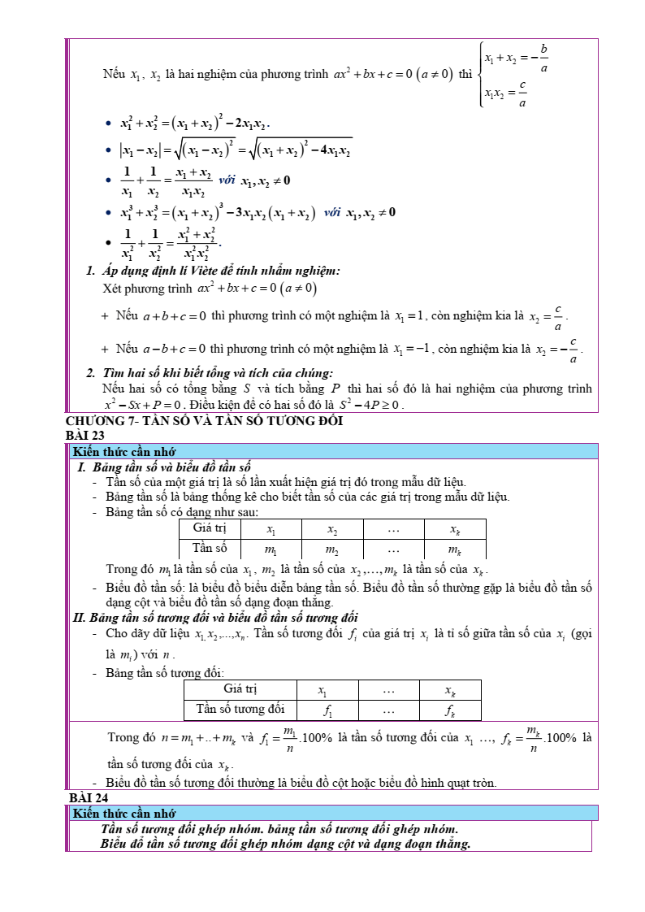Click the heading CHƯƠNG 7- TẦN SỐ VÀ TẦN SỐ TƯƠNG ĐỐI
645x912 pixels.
coord(204,421)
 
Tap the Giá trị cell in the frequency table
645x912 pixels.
coord(210,528)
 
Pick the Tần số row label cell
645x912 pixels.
coord(210,549)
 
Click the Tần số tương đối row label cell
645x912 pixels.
coord(240,710)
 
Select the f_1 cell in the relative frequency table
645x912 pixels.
coord(327,710)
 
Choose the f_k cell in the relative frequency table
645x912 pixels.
coord(449,710)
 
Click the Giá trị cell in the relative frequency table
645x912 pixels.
coord(240,689)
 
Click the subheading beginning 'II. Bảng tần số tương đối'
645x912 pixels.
coord(215,617)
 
